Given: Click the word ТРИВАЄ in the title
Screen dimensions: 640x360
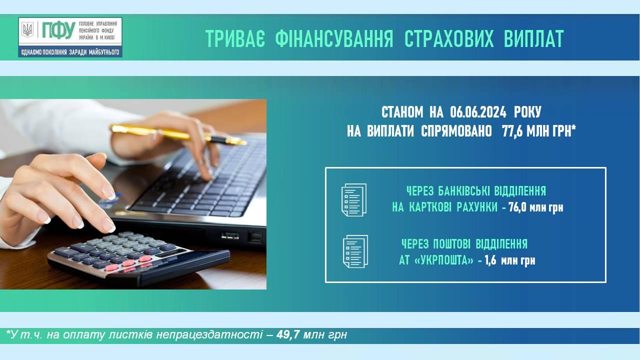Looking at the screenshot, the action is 235,38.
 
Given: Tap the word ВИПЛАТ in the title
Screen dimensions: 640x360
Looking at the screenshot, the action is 533,38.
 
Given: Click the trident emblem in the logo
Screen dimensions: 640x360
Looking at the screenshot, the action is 27,29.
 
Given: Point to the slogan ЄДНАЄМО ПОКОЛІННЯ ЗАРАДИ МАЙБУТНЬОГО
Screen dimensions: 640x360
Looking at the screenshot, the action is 70,52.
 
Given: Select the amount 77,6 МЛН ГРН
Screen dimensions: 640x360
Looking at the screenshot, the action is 537,131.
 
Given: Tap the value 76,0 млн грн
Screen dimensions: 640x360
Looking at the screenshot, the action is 536,207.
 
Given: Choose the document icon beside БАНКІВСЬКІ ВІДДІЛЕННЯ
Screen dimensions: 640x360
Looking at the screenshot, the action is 354,199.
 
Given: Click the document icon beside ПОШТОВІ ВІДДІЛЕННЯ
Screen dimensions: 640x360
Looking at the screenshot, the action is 355,251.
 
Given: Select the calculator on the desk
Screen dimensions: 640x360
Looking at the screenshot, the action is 139,258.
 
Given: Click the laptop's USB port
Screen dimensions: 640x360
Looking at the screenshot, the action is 230,236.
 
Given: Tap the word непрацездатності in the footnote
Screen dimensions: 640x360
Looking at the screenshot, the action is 209,334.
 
